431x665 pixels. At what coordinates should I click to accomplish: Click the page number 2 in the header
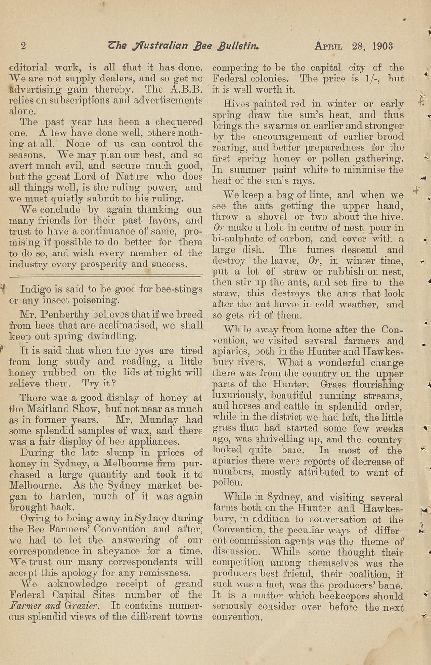click(23, 46)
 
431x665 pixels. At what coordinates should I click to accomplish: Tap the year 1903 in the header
click(383, 46)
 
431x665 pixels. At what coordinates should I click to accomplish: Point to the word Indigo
click(36, 290)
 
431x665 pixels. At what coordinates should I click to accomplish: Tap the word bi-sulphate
click(239, 239)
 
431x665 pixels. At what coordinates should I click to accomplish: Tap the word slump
click(115, 452)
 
